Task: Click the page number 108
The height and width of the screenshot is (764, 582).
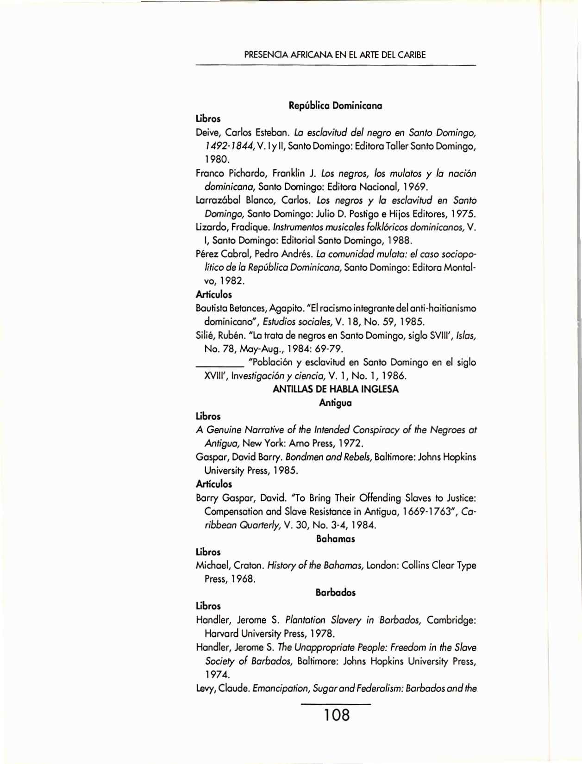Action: tap(337, 715)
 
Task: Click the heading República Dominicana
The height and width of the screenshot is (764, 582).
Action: tap(335, 106)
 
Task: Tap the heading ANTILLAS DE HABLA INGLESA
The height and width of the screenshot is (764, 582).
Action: tap(335, 389)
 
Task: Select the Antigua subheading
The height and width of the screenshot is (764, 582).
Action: tap(335, 403)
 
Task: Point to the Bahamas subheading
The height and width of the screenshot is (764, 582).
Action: tap(335, 539)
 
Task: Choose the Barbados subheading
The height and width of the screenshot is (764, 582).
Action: tap(335, 592)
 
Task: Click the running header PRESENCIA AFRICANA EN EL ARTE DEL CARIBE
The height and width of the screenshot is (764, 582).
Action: tap(335, 55)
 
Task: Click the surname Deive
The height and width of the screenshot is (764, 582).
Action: tap(207, 133)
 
